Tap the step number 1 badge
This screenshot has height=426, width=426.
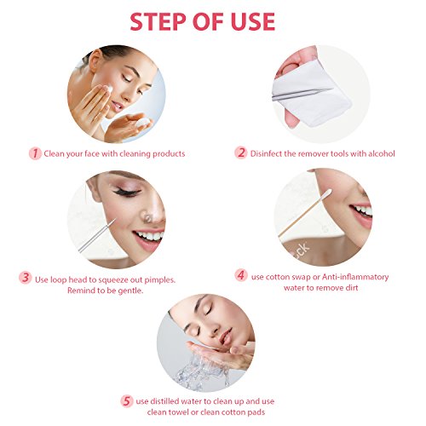point(35,153)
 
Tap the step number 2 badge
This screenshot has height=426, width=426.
point(241,153)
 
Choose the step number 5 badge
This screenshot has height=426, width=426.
point(130,400)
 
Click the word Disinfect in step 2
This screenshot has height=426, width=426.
point(268,153)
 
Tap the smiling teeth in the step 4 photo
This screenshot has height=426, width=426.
point(361,210)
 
